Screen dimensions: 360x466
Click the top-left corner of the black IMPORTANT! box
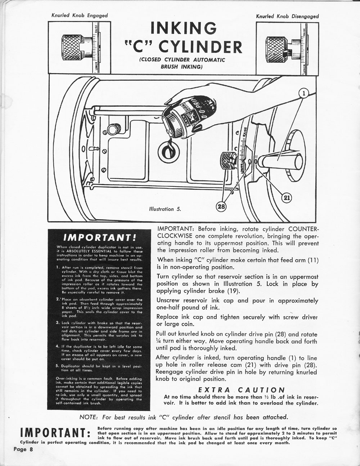[48, 229]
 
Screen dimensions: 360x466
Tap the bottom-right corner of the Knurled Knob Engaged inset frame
[111, 73]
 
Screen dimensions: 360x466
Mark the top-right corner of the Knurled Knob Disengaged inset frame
[319, 22]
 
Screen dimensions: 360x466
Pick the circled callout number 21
[287, 198]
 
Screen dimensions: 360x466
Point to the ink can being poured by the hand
[189, 118]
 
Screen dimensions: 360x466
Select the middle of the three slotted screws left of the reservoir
[105, 151]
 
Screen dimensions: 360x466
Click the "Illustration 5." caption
[165, 209]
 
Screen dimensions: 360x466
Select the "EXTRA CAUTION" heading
[242, 390]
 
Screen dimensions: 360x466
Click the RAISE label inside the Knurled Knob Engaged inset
[96, 29]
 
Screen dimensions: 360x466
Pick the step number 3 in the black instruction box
[58, 323]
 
